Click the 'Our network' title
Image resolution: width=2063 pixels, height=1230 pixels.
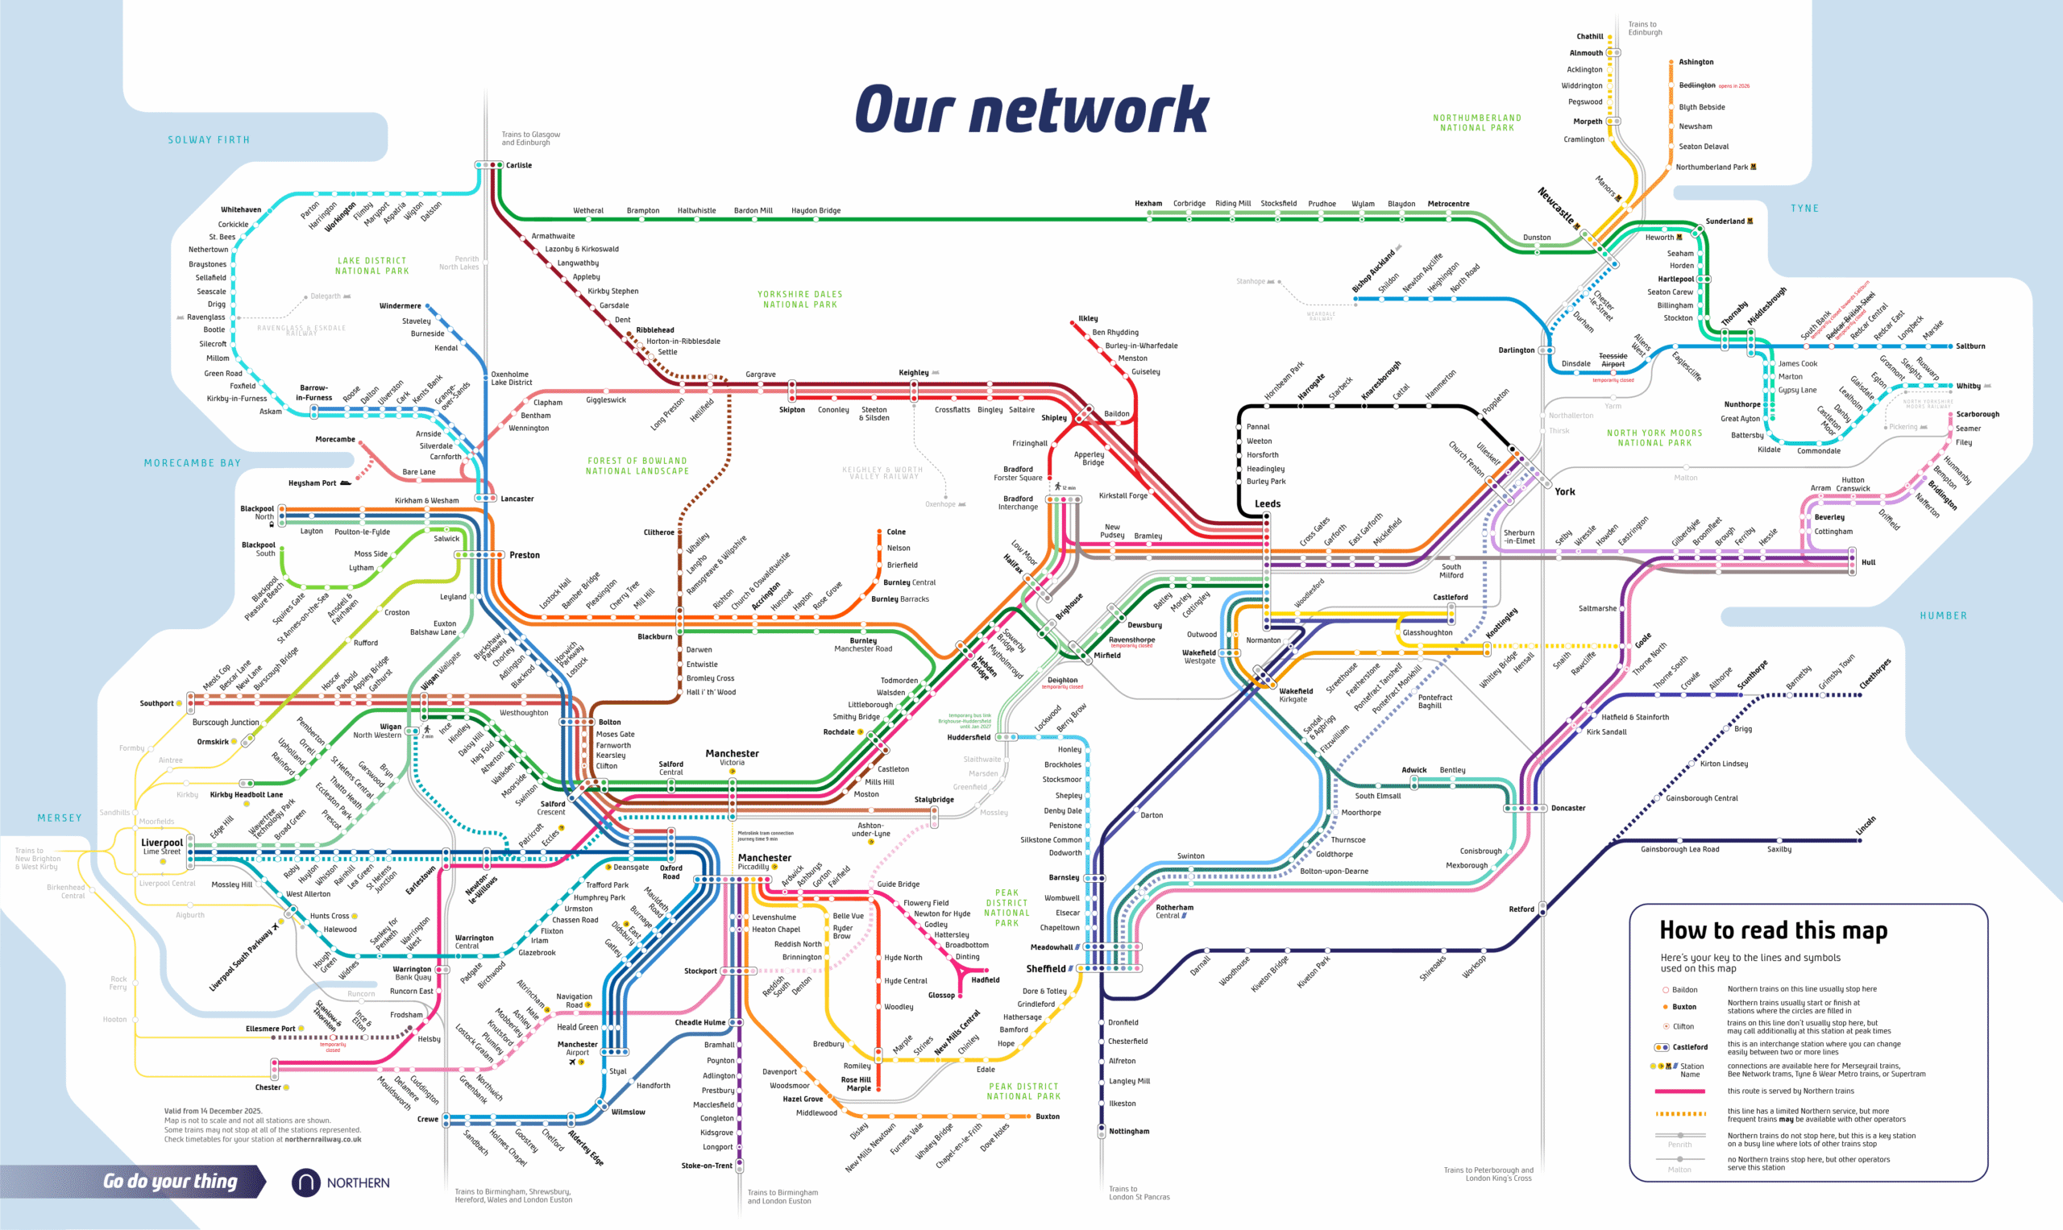[x=1031, y=110]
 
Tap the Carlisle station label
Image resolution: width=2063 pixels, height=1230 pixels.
[x=519, y=165]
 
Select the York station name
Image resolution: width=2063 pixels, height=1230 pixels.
[x=1564, y=491]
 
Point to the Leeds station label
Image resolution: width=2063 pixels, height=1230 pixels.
[x=1267, y=503]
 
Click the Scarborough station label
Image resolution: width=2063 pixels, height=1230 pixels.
[x=1977, y=413]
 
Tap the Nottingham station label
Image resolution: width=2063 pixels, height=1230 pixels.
[x=1128, y=1131]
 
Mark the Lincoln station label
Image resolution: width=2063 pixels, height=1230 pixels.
[x=1865, y=826]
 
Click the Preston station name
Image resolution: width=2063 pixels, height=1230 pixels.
[x=524, y=554]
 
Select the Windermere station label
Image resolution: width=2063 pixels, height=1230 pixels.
[x=400, y=306]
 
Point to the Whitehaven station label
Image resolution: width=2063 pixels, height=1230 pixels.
[x=240, y=209]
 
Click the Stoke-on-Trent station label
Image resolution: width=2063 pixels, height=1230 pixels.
[x=707, y=1166]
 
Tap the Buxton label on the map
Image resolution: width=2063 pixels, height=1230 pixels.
[x=1048, y=1116]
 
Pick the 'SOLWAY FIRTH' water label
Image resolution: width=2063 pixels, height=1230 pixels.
[x=208, y=140]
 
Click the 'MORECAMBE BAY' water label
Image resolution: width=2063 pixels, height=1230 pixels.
[x=193, y=462]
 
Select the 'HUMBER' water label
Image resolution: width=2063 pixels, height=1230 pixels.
[x=1943, y=616]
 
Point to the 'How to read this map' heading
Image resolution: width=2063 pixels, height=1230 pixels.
[x=1773, y=931]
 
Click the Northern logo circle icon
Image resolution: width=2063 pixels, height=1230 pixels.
[x=305, y=1182]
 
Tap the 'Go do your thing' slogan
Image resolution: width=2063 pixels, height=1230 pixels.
[x=170, y=1181]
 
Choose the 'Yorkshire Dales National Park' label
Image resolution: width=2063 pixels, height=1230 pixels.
[x=799, y=299]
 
